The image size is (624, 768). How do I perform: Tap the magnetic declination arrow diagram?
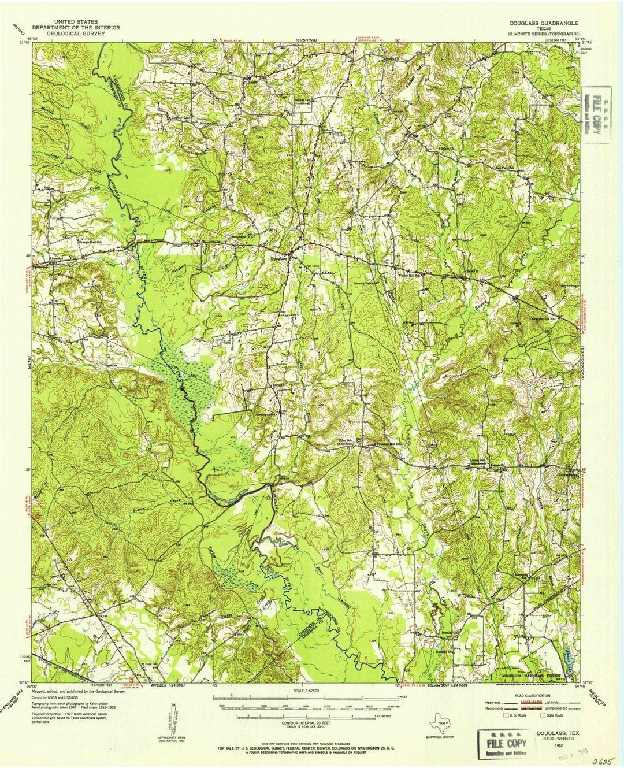click(x=174, y=717)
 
